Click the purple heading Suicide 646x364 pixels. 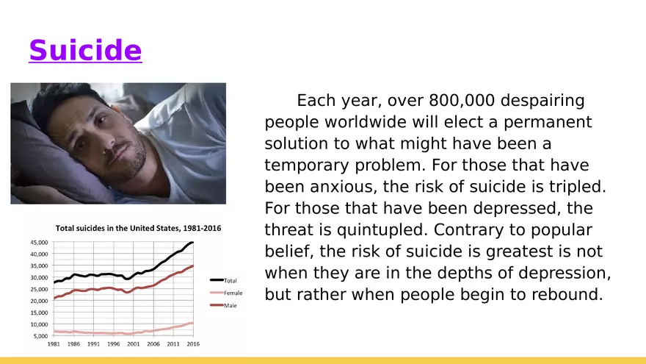pos(85,50)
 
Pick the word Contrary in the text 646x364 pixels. pos(469,230)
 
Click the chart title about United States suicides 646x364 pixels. pos(139,228)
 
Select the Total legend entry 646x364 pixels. pos(224,281)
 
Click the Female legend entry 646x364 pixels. pos(226,293)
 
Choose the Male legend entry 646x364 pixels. pos(224,305)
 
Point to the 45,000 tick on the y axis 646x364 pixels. pos(39,242)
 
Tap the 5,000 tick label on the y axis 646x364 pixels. pos(41,336)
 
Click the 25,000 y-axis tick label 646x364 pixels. pos(39,289)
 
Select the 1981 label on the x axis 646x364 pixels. pos(54,344)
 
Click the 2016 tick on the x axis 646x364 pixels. pos(193,344)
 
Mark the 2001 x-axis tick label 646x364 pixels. pos(133,344)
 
